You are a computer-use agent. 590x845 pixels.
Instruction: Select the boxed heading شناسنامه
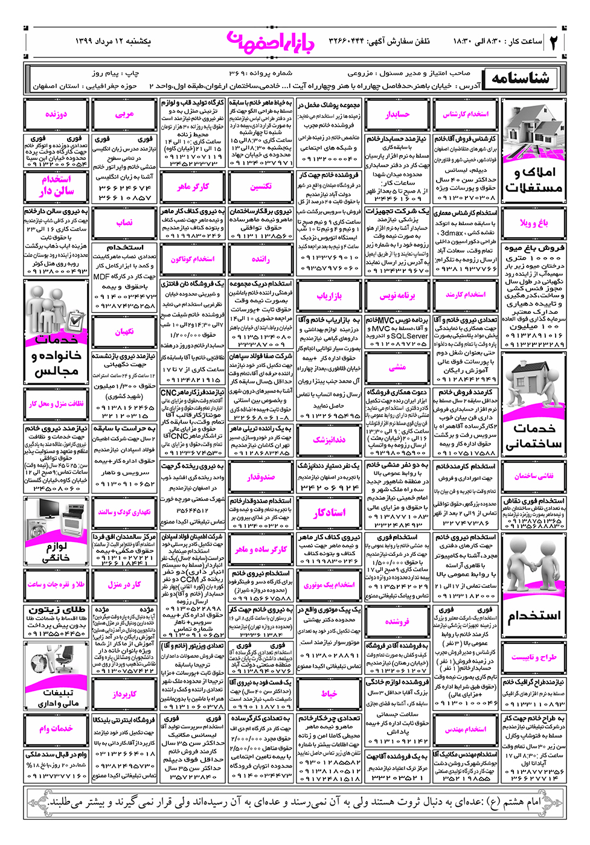point(520,78)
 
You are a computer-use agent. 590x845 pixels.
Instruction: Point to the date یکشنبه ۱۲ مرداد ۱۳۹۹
point(113,41)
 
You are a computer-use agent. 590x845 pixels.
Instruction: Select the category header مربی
point(124,114)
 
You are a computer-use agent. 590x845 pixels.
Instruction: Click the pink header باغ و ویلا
point(534,223)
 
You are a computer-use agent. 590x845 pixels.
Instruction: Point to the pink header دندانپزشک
point(329,440)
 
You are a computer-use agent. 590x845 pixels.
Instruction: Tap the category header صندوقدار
point(261,477)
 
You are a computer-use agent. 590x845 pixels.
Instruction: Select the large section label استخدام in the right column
point(534,616)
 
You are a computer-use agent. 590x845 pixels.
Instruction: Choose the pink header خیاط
point(329,694)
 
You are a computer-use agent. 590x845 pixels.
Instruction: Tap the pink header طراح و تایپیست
point(534,657)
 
